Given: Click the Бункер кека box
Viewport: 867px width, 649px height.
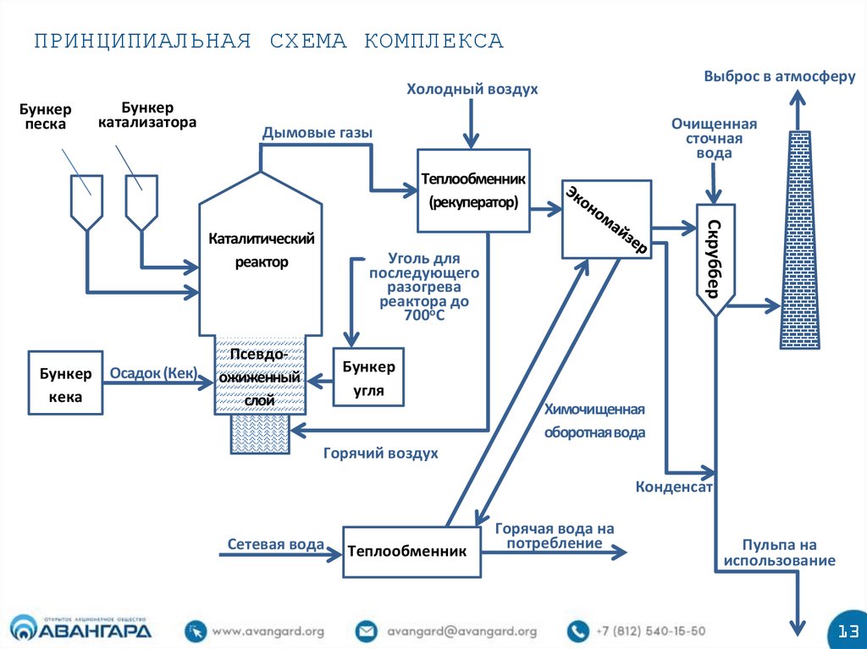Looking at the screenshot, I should [65, 382].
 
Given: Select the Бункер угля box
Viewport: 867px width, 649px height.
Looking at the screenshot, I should [368, 378].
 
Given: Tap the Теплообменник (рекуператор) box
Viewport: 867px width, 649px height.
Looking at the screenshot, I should [473, 191].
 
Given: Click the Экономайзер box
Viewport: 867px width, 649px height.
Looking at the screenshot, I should [605, 219].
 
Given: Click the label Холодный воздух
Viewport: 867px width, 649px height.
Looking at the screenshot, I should [472, 89].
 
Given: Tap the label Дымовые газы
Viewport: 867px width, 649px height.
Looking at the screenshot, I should [317, 132].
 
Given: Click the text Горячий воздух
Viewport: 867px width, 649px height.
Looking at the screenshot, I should [380, 454].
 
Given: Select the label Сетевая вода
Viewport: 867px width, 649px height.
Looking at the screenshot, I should [275, 544].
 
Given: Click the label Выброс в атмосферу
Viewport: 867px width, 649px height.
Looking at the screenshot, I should [780, 76].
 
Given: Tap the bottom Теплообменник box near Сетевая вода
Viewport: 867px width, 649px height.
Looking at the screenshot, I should [411, 552].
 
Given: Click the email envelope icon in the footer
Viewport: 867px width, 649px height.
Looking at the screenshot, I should [366, 631].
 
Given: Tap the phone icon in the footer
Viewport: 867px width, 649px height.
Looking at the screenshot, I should [577, 631].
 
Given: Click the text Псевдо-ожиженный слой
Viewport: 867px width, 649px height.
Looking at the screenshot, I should [259, 376].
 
